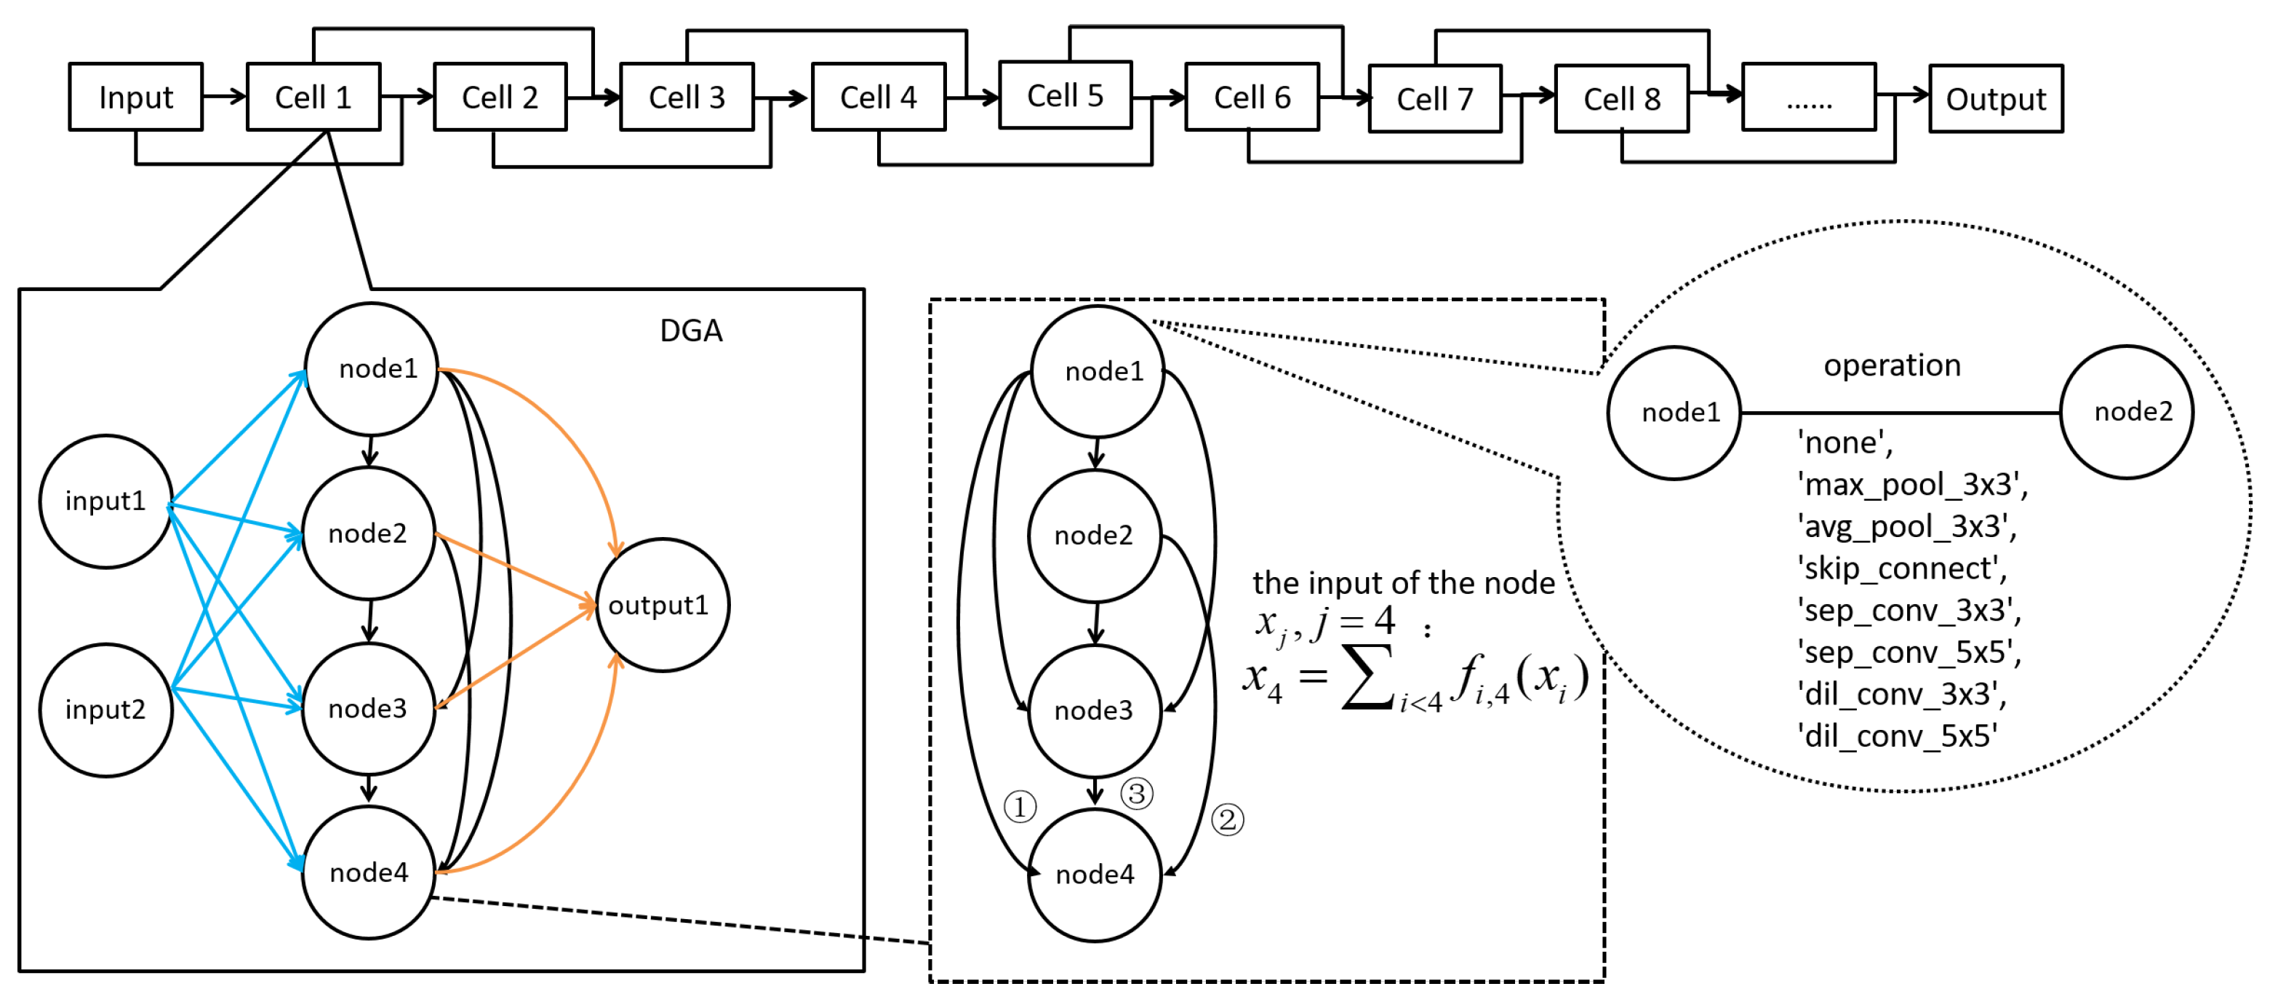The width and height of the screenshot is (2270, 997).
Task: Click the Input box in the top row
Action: click(136, 97)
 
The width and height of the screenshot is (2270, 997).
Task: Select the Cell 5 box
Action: click(1065, 95)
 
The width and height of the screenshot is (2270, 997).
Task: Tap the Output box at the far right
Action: click(1995, 99)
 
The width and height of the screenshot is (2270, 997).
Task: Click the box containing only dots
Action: click(1808, 98)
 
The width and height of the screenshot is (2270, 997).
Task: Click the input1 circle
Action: click(105, 501)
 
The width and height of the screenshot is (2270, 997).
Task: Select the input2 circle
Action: click(105, 710)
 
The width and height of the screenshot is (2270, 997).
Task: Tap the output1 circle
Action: click(662, 605)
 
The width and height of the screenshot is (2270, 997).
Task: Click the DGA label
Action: click(691, 330)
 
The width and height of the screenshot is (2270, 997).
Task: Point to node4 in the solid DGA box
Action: click(368, 873)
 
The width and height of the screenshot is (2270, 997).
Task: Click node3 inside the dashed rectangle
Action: click(1095, 710)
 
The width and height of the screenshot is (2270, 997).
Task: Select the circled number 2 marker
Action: click(1228, 820)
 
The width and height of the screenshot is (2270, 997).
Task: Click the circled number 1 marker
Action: click(1020, 806)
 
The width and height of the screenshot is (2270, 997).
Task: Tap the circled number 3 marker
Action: click(1137, 793)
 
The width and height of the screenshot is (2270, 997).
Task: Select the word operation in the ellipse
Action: click(1892, 365)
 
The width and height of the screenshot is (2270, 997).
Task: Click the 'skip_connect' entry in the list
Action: click(1902, 568)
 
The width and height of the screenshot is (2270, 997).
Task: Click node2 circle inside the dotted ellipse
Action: click(2127, 412)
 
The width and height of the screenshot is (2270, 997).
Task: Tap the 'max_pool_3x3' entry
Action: click(1912, 485)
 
